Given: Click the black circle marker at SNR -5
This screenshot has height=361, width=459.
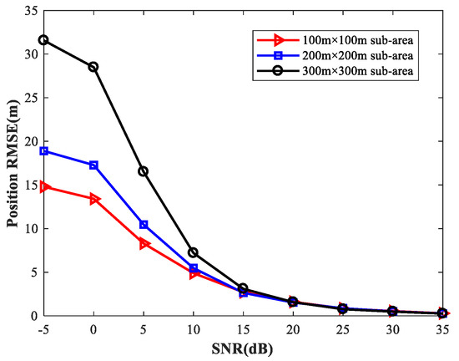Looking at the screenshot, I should [x=43, y=40].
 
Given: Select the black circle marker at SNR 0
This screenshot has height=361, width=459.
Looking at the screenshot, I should [x=93, y=67].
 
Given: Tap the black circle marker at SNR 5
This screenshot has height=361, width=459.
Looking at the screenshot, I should [x=144, y=171].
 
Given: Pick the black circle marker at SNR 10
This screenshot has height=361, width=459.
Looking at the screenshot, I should [x=193, y=252].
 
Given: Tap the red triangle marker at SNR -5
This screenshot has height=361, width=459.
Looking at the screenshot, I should [x=43, y=187].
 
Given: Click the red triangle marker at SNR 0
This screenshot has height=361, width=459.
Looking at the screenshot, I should [x=93, y=199].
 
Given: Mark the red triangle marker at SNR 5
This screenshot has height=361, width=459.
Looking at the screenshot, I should [x=144, y=243].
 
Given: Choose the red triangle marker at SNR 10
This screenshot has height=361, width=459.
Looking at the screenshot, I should [x=193, y=272].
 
